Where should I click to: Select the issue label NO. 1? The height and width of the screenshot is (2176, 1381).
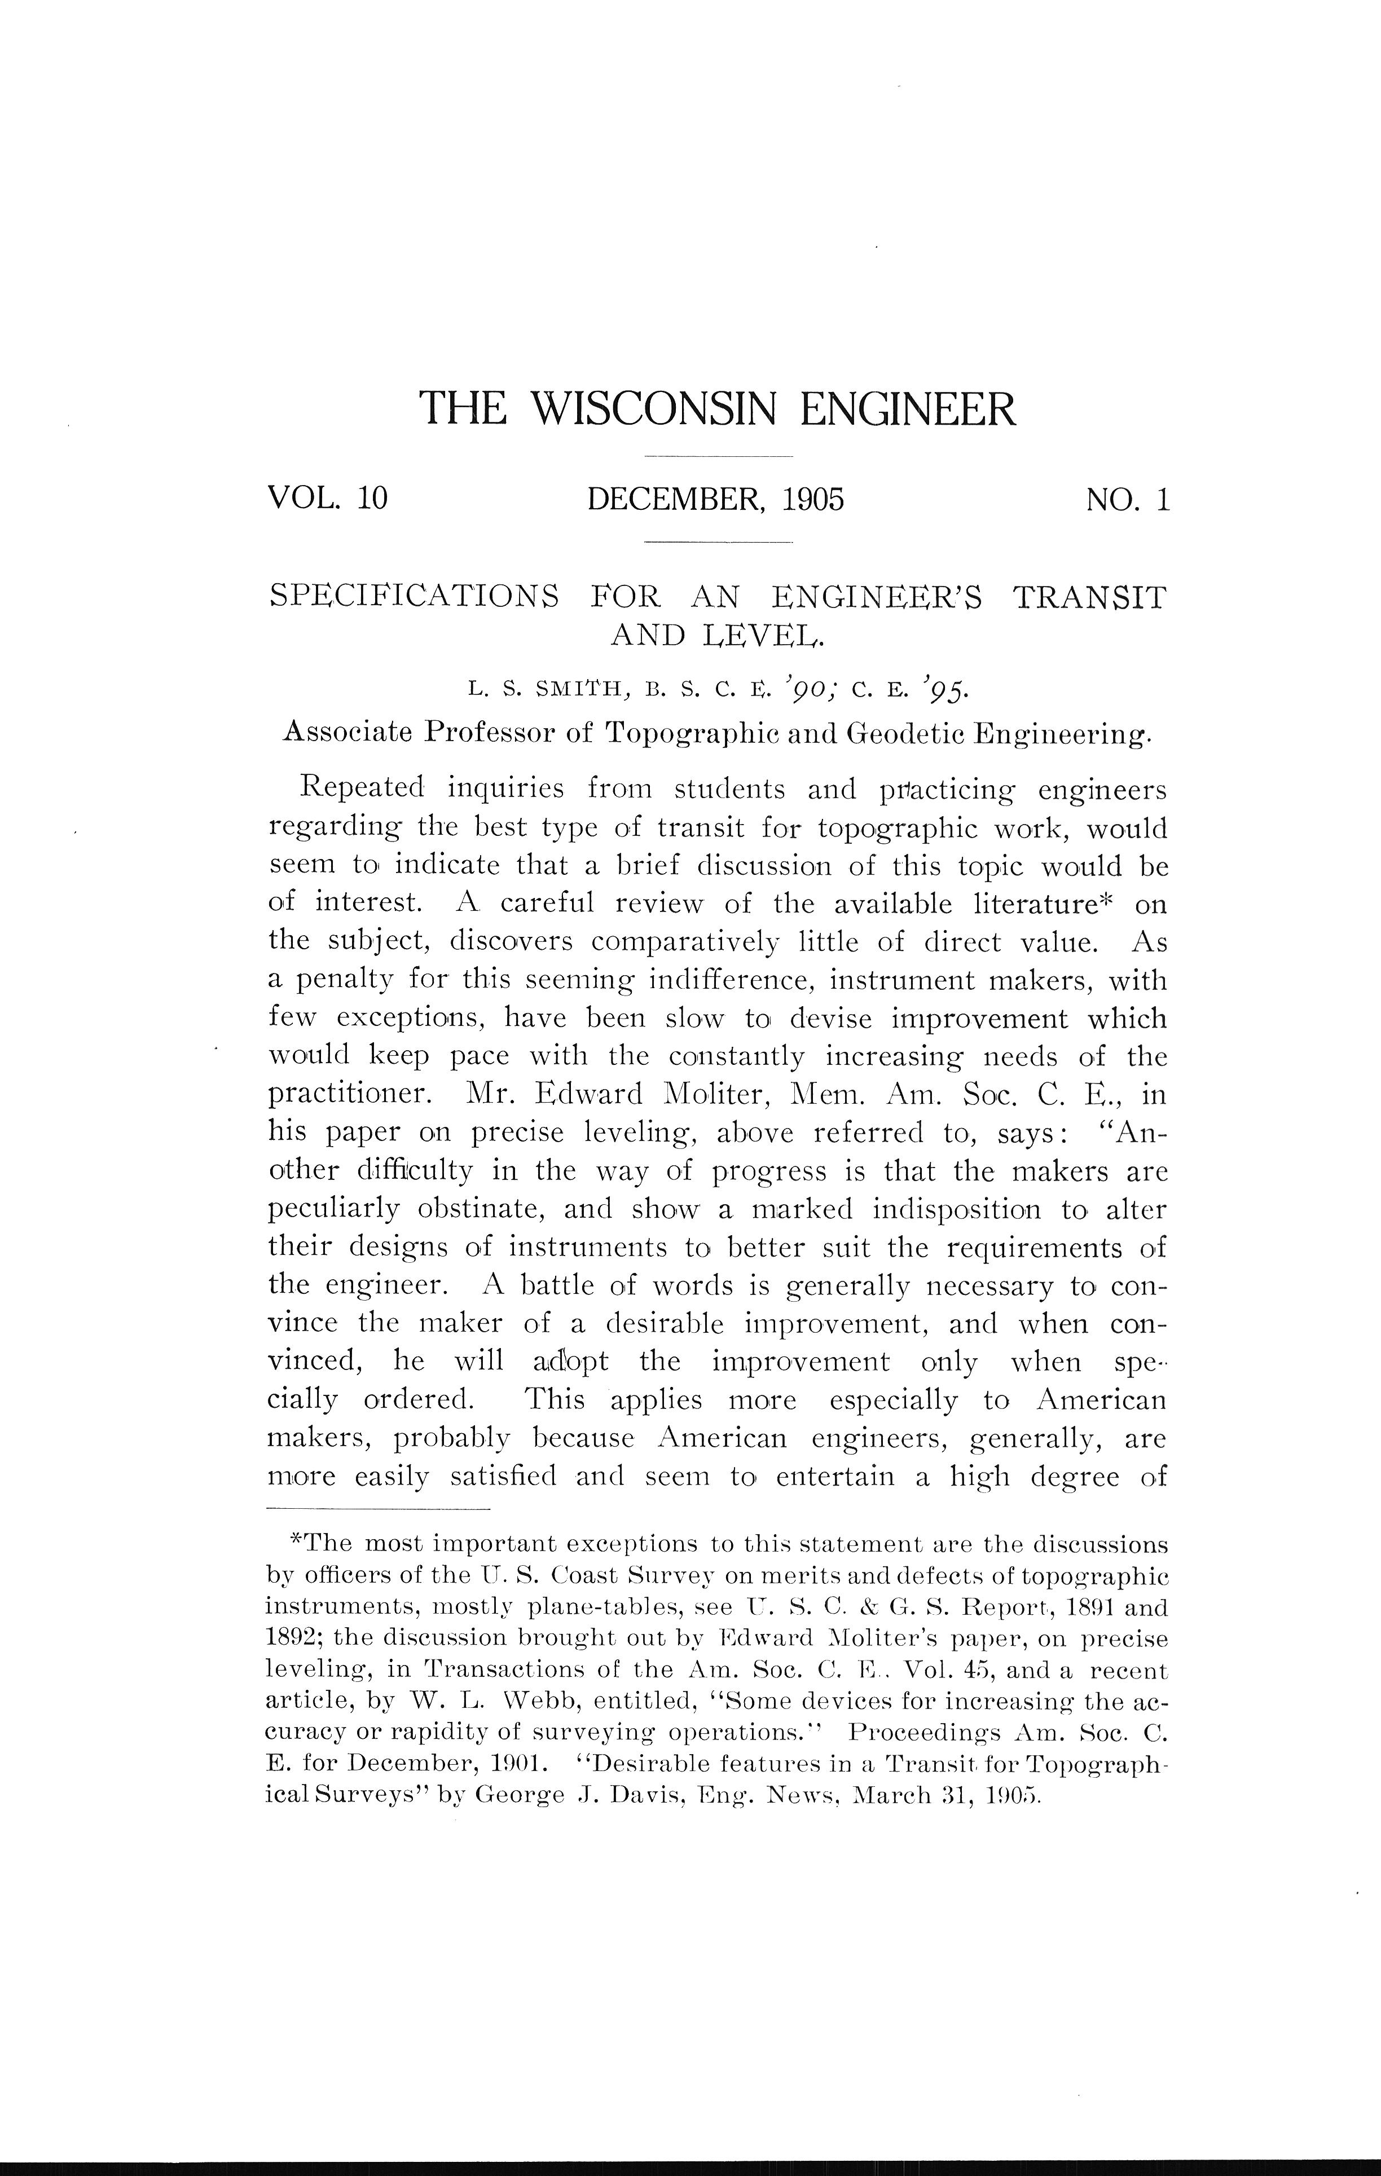[x=1128, y=498]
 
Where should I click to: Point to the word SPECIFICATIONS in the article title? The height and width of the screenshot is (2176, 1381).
[x=415, y=597]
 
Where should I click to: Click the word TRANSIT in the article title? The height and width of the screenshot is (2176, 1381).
[x=1089, y=597]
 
